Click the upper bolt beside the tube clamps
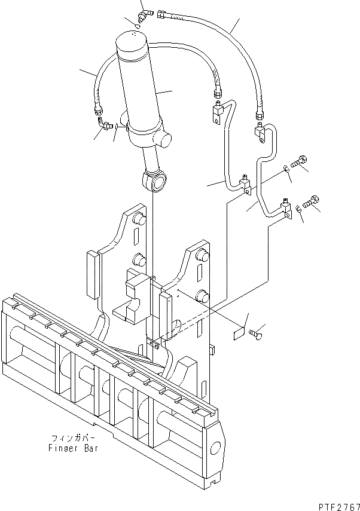click(x=300, y=160)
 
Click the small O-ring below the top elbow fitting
click(x=138, y=26)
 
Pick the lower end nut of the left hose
click(x=97, y=109)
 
